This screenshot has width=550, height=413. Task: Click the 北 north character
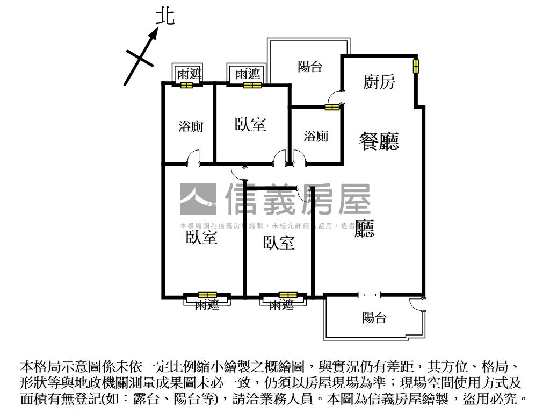click(x=165, y=16)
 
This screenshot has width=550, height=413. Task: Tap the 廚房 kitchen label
click(x=379, y=82)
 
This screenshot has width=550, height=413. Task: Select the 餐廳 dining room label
click(x=379, y=141)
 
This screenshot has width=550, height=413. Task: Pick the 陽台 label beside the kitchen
click(x=310, y=67)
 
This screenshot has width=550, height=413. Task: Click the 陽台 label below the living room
click(x=374, y=318)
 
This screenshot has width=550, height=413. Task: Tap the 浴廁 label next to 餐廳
click(x=316, y=136)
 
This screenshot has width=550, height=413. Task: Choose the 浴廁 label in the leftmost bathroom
click(x=191, y=127)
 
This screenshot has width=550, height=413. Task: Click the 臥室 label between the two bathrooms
click(x=250, y=124)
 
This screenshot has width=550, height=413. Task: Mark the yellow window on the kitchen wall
click(x=416, y=66)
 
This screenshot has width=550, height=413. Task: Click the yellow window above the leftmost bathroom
click(x=186, y=85)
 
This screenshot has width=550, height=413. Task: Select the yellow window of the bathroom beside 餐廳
click(x=332, y=107)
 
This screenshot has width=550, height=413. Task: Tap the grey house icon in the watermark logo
click(x=198, y=199)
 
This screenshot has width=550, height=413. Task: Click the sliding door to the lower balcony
click(x=369, y=295)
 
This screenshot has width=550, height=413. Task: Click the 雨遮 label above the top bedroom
click(x=248, y=74)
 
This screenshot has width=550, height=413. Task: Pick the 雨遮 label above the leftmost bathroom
click(x=189, y=74)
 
